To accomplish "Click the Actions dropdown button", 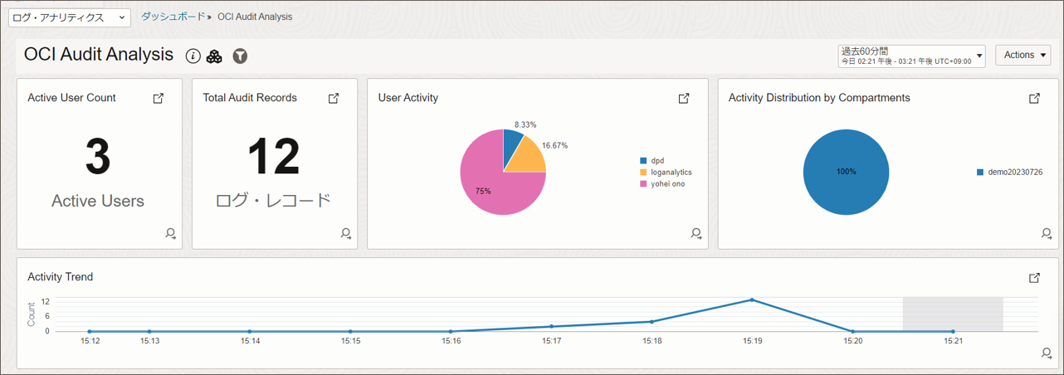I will pos(1023,55).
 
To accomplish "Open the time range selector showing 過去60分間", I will pos(911,56).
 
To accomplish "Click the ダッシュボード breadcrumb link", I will pos(173,17).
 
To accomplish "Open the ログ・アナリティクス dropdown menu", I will pos(70,17).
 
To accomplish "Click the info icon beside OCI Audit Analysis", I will pos(193,56).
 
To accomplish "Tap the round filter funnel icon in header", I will pos(240,56).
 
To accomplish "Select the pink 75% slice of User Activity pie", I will pos(490,187).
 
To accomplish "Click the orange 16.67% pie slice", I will pos(526,155).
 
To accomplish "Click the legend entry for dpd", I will pos(656,160).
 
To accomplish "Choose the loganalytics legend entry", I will pos(671,172).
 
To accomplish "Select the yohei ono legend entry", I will pos(667,183).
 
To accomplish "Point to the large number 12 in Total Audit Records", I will pos(274,157).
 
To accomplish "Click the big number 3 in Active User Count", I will pos(98,157).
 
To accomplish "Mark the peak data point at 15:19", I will pos(752,300).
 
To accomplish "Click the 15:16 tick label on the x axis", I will pos(451,340).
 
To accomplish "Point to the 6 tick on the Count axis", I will pos(46,316).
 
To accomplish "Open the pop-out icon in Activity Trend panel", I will pos(1034,277).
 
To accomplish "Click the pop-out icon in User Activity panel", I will pos(684,98).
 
